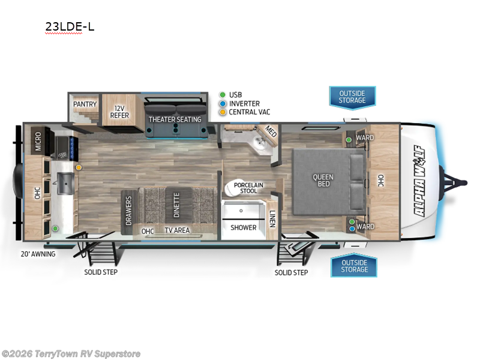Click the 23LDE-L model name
pyautogui.click(x=70, y=26)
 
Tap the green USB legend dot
pyautogui.click(x=223, y=95)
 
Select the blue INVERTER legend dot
pyautogui.click(x=223, y=103)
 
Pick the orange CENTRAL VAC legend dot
pyautogui.click(x=223, y=112)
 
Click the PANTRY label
pyautogui.click(x=85, y=104)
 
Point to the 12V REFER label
pyautogui.click(x=119, y=111)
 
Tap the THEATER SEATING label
pyautogui.click(x=175, y=119)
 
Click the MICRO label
pyautogui.click(x=38, y=141)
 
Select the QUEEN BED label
pyautogui.click(x=323, y=180)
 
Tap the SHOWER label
pyautogui.click(x=244, y=227)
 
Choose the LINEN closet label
pyautogui.click(x=272, y=219)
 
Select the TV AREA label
pyautogui.click(x=178, y=230)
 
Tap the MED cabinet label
pyautogui.click(x=271, y=133)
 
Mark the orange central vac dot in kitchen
pyautogui.click(x=78, y=167)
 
